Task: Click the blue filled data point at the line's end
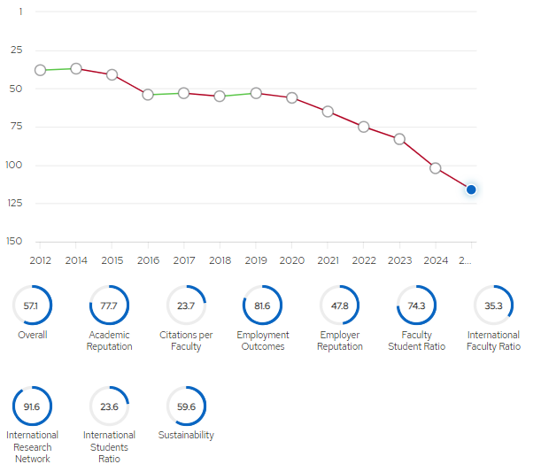tap(471, 190)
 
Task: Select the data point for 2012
tap(41, 70)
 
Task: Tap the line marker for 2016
tap(148, 95)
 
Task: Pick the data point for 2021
tap(328, 112)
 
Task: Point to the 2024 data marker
tap(436, 168)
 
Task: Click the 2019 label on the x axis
tap(256, 260)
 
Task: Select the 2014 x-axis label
tap(76, 260)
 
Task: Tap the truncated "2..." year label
tap(465, 260)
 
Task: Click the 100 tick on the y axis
tap(14, 165)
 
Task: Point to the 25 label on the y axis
tap(16, 50)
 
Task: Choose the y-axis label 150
tap(14, 241)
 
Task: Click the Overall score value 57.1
tap(31, 306)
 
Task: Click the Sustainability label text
tap(186, 435)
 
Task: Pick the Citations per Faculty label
tap(186, 341)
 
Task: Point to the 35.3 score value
tap(493, 306)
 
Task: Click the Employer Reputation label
tap(340, 341)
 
